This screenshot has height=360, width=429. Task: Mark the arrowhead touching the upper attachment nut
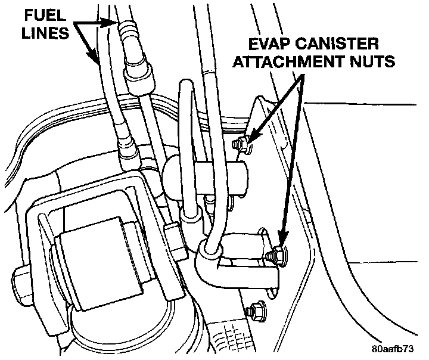(251, 138)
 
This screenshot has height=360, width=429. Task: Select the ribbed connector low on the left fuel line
(127, 153)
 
